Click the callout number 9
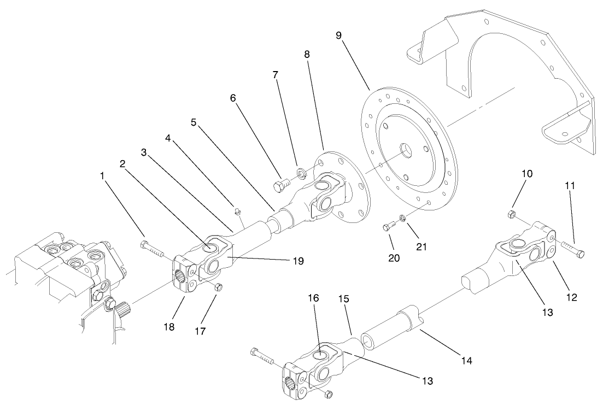coord(339,35)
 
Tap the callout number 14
coord(466,361)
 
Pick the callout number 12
coord(571,297)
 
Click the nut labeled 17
coord(218,286)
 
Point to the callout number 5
coord(194,122)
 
